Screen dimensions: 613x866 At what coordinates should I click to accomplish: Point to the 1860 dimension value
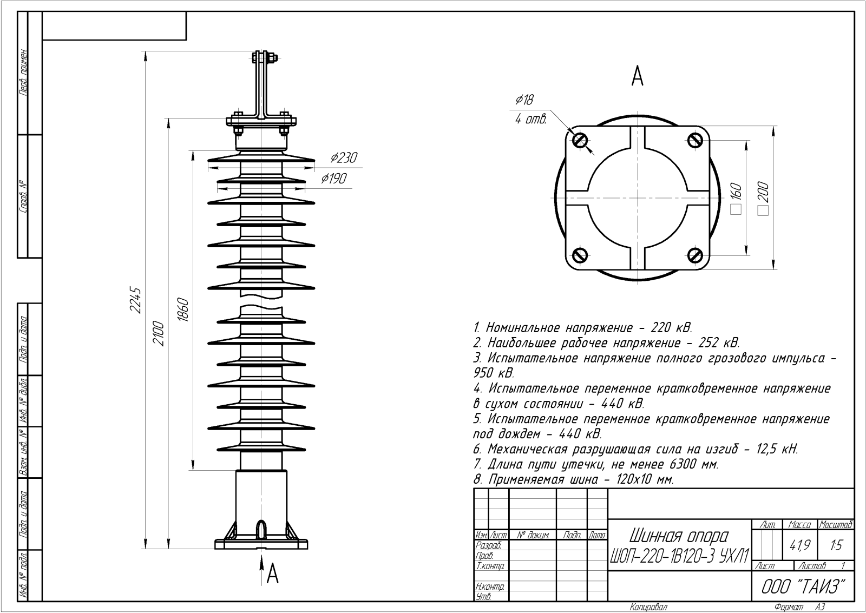(x=183, y=310)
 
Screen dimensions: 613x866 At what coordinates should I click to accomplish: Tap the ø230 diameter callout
(x=344, y=158)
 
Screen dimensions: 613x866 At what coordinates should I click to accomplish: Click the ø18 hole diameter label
(x=524, y=100)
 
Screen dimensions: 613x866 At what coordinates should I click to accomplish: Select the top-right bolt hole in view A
(x=696, y=140)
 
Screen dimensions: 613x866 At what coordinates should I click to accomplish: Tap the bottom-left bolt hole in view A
(x=580, y=254)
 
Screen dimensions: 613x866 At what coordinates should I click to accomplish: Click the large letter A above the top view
(x=638, y=77)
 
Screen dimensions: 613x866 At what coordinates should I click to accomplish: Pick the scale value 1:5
(x=836, y=546)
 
